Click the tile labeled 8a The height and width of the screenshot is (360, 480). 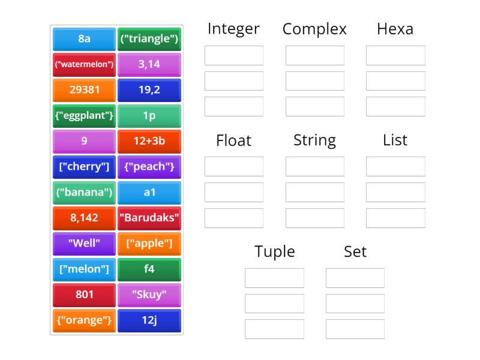pos(84,39)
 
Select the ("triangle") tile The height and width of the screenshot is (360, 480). pos(149,39)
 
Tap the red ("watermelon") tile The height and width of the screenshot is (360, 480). pos(84,64)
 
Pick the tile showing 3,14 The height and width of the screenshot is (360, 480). pos(149,64)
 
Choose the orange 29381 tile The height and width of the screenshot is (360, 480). pos(84,90)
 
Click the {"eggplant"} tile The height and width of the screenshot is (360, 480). pos(84,116)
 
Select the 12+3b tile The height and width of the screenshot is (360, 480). pos(149,141)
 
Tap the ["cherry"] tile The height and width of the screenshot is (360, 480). pos(84,167)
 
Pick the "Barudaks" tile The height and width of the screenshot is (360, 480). pos(149,218)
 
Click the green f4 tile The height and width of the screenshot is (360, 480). pos(149,269)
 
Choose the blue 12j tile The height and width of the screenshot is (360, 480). pos(149,320)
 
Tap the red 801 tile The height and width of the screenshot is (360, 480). pos(84,295)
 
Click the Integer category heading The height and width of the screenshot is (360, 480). pos(233,29)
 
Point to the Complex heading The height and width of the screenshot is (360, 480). pos(314,29)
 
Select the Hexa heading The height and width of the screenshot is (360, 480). pos(395,29)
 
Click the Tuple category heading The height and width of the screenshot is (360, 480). pos(274,251)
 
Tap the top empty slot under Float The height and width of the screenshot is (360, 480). pos(233,166)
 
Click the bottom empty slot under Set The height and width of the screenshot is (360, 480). pos(355,329)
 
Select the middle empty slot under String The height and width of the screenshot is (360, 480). pos(314,192)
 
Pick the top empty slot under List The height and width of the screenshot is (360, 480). pos(395,166)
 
